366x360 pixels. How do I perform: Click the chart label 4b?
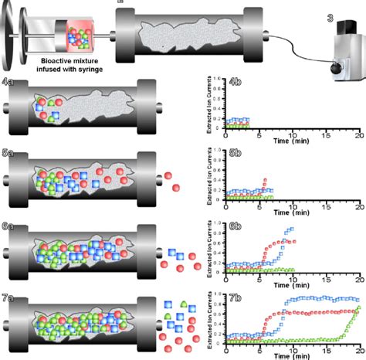(x=238, y=81)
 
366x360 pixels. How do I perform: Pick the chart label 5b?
(x=238, y=154)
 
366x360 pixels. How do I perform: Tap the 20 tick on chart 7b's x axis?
(x=358, y=349)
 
